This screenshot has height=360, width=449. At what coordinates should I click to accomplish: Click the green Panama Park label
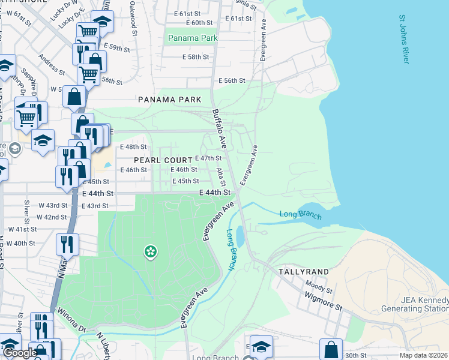[193, 38]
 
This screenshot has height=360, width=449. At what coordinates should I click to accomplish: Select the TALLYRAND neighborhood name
[303, 272]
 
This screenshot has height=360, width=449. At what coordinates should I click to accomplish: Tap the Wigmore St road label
[322, 300]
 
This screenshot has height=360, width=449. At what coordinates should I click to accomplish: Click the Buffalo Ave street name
[218, 128]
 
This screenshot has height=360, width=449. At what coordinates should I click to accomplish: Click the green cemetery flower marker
[149, 252]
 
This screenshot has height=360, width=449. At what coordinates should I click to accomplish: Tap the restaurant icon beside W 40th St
[67, 244]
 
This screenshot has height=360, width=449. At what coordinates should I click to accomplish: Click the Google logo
[19, 353]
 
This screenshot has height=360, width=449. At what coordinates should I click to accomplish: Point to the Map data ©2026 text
[423, 355]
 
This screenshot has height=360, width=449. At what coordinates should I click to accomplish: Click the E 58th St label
[196, 57]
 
